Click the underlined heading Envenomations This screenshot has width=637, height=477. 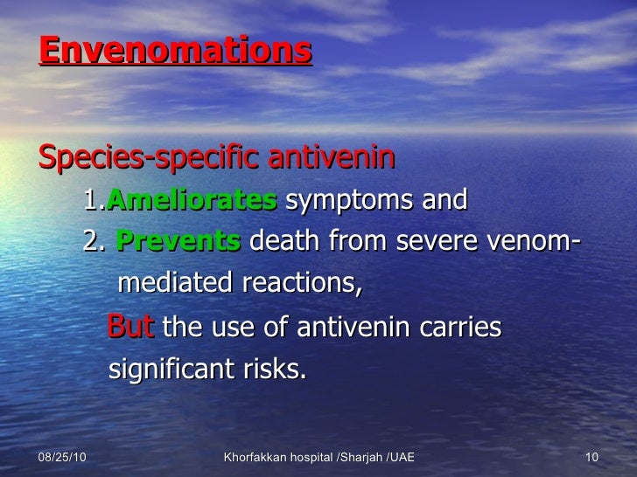click(175, 51)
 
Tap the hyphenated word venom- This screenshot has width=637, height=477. click(534, 242)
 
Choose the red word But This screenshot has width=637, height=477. click(131, 328)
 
